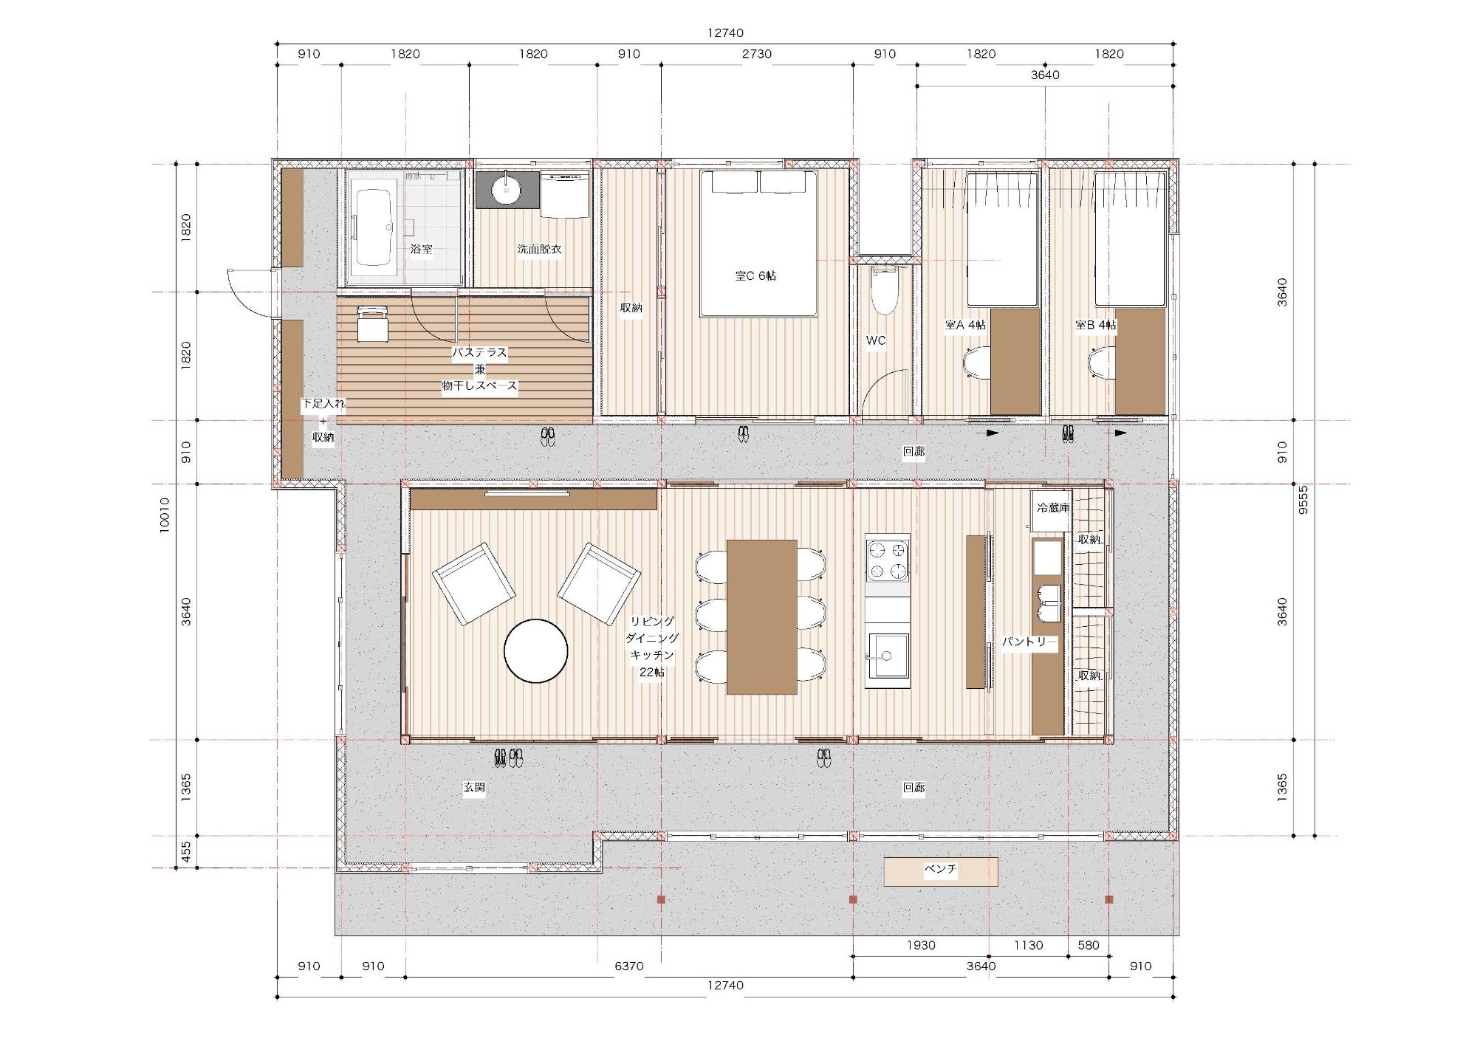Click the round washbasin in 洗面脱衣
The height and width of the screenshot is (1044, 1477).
pyautogui.click(x=506, y=190)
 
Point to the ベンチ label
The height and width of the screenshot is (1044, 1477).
pyautogui.click(x=940, y=869)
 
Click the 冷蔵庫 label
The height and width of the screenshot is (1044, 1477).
pyautogui.click(x=1052, y=508)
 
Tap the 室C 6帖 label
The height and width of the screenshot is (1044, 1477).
pyautogui.click(x=755, y=275)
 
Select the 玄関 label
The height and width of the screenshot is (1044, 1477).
pyautogui.click(x=474, y=788)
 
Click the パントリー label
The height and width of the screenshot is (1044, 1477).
pyautogui.click(x=1029, y=642)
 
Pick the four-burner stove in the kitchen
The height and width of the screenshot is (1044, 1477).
pyautogui.click(x=888, y=560)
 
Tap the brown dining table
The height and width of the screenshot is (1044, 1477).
pyautogui.click(x=762, y=617)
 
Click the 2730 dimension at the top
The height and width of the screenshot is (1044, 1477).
pyautogui.click(x=757, y=54)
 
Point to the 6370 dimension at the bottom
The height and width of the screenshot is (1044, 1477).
pyautogui.click(x=629, y=966)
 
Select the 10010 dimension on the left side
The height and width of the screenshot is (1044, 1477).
pyautogui.click(x=164, y=515)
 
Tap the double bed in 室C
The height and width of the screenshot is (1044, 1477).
pyautogui.click(x=758, y=244)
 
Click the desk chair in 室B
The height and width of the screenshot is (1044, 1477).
pyautogui.click(x=1103, y=363)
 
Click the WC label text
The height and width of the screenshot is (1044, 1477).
pyautogui.click(x=875, y=340)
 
